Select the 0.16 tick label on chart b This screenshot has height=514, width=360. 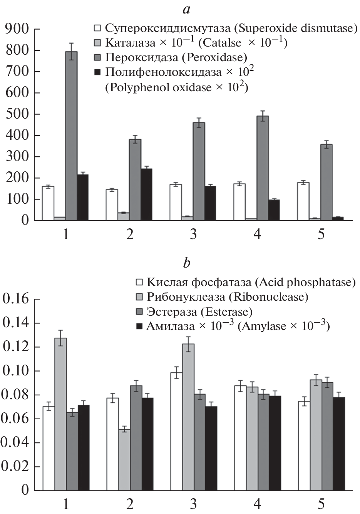[15, 299]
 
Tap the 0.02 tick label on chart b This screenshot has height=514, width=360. [15, 467]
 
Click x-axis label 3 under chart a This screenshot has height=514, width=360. [193, 234]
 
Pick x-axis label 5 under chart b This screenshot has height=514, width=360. [321, 504]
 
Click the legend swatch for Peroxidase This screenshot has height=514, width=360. [98, 58]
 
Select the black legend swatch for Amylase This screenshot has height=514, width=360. [140, 326]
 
